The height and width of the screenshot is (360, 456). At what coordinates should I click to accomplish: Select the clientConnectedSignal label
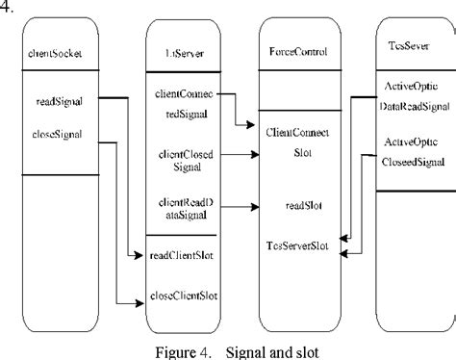(183, 103)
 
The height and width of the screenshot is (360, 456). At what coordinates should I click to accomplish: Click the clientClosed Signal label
(183, 159)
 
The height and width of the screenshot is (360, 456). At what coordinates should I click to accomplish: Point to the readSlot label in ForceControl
(297, 205)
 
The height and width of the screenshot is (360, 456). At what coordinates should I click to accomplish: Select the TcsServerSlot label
(297, 246)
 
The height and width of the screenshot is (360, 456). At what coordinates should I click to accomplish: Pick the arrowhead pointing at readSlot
(253, 205)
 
